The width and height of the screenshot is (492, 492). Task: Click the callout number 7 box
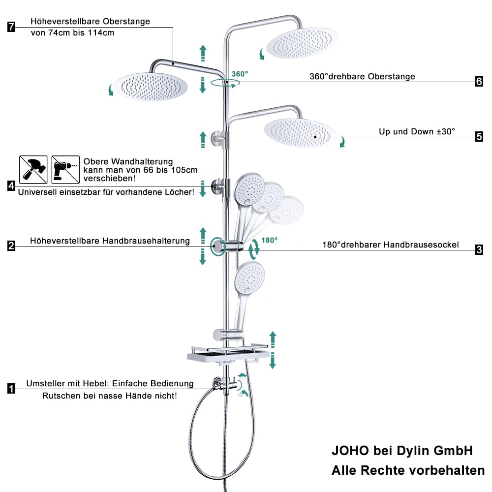11,27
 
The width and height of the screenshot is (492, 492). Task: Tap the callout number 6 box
479,82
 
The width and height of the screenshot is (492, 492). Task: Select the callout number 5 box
479,137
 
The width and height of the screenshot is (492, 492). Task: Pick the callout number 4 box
11,186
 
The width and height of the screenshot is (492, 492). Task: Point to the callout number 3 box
479,250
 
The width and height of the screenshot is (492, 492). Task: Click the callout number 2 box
11,246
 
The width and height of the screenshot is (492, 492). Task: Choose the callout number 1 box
11,389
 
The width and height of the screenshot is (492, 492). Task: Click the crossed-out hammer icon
33,170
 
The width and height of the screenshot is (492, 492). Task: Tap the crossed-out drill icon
65,170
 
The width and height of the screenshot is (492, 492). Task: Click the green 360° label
240,74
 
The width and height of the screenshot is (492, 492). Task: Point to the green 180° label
270,241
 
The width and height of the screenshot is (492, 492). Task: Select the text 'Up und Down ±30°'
417,131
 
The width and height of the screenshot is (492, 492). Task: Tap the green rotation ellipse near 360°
225,83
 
